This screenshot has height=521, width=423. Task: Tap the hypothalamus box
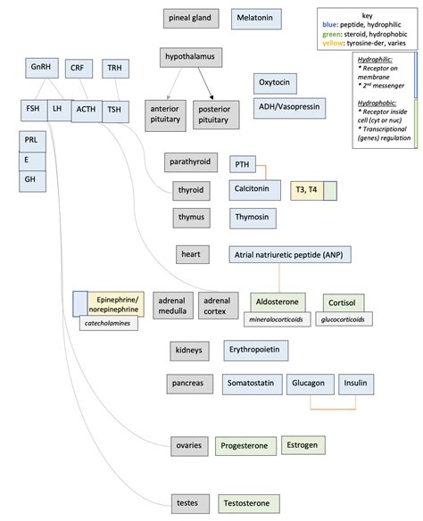[x=191, y=58]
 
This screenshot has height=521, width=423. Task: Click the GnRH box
[x=41, y=68]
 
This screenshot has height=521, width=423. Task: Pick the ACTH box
[x=86, y=110]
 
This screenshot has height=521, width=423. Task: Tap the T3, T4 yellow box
[x=306, y=191]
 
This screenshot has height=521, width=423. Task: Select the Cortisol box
[x=343, y=302]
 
